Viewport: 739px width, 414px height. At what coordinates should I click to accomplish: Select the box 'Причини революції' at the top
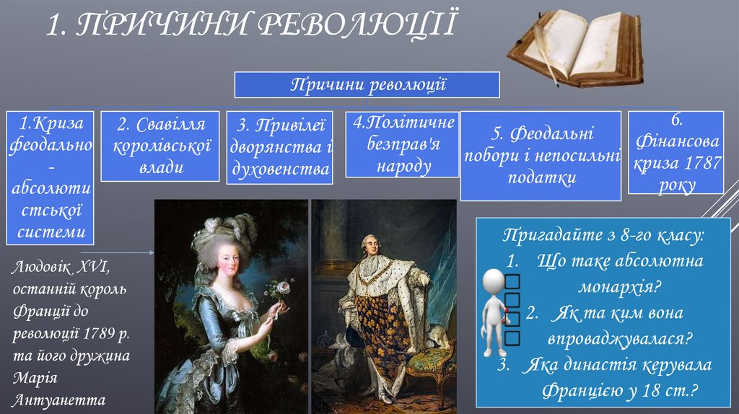coord(367,85)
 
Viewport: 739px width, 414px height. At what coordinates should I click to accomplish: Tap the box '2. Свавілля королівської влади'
coord(159,146)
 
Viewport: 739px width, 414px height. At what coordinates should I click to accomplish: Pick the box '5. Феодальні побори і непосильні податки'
coord(542,156)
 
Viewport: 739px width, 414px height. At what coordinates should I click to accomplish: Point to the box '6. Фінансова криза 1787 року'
coord(676,152)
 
